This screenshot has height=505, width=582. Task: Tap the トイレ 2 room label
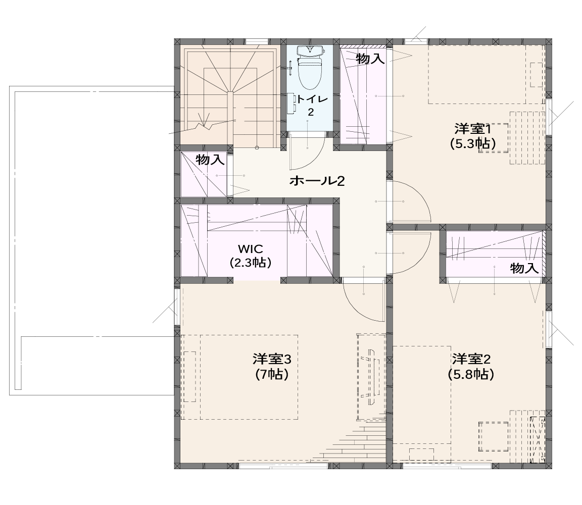pos(311,106)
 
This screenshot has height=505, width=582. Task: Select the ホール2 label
pos(317,181)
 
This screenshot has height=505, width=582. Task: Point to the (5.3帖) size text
pos(473,143)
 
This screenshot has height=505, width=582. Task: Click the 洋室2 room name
pos(471,359)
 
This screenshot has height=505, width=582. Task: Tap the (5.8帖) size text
pos(471,374)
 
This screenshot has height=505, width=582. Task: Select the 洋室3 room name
pos(272,359)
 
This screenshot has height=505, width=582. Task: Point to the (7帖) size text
pos(272,374)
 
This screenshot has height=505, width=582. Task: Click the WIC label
pos(251,248)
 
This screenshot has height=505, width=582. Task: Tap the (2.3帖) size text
pos(251,263)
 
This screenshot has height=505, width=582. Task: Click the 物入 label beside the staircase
pos(210,160)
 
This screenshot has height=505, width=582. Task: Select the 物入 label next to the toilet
pos(370,58)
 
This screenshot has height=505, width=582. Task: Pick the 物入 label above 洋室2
pos(524,268)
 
